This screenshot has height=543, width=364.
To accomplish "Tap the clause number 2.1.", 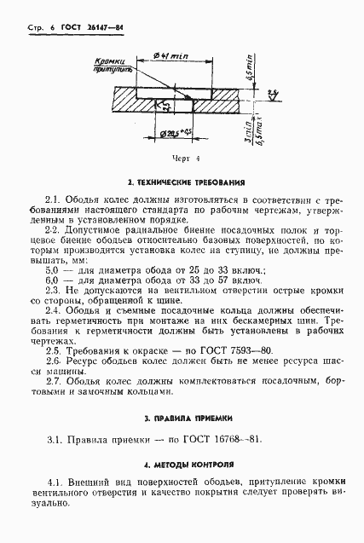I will [53, 198].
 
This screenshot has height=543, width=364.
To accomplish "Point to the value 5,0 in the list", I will [52, 269].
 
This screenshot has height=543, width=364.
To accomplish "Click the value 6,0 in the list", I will [52, 280].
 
